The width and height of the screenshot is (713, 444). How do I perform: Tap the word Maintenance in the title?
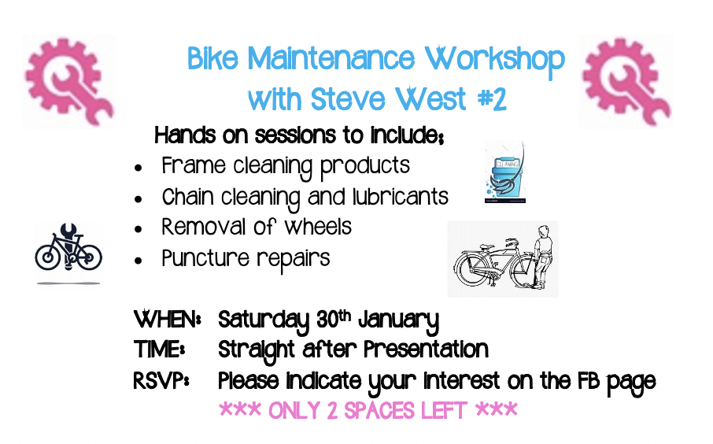point(331,59)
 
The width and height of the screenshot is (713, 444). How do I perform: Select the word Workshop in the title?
point(495,61)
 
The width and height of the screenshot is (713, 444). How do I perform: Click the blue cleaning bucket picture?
point(505,172)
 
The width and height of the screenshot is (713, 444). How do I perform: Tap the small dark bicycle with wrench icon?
point(68,249)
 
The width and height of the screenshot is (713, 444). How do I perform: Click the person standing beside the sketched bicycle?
point(542,257)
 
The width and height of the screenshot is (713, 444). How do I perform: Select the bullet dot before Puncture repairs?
point(139,261)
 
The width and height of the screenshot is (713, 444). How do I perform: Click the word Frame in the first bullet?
point(194,165)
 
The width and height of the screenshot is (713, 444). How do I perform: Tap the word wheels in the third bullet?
point(318,227)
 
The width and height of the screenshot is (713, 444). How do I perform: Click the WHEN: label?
point(168,320)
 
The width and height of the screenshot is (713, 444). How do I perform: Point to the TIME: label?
point(159,350)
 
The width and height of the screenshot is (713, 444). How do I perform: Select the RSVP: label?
point(161,380)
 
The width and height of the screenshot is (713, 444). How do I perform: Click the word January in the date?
point(399,321)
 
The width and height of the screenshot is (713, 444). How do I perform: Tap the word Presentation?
point(426,350)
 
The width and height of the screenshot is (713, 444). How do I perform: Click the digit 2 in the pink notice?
point(332,411)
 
